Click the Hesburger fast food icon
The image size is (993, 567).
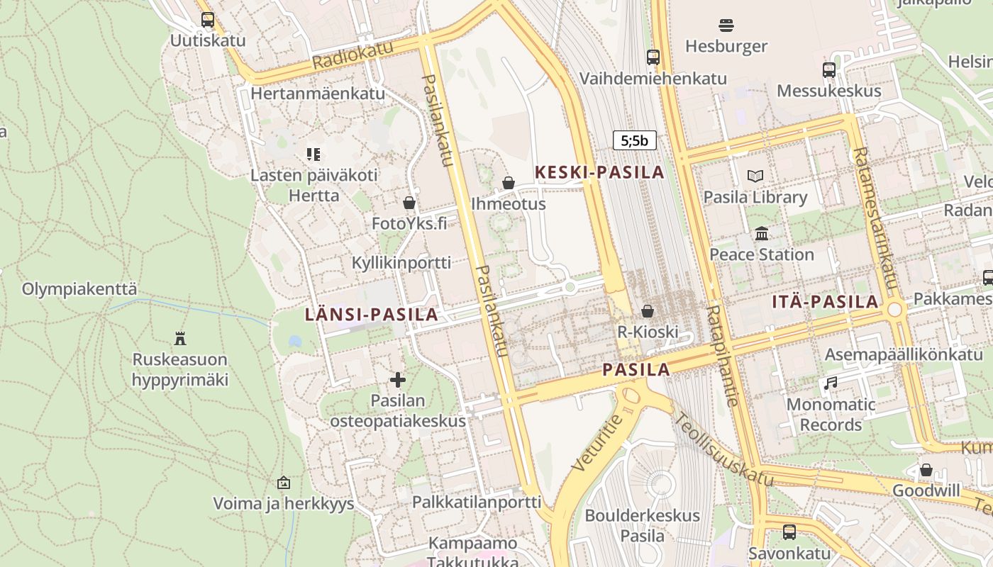726,26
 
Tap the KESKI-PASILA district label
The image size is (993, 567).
599,172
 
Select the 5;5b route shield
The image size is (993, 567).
634,140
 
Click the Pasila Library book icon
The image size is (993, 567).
755,176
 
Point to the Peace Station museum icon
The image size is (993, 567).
762,233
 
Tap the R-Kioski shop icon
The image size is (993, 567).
647,310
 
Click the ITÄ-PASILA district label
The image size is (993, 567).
825,302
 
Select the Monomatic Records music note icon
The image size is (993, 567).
830,383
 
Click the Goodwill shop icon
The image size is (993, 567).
926,470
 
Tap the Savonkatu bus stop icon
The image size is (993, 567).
789,532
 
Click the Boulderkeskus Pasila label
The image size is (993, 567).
642,525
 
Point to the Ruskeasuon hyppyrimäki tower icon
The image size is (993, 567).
179,338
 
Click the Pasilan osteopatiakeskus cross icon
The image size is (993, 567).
398,380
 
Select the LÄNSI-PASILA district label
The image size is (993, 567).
371,315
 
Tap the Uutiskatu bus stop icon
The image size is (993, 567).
207,20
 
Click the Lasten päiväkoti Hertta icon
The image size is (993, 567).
314,154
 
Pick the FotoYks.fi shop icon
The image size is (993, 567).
409,203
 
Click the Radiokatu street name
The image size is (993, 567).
352,57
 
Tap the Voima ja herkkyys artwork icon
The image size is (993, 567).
284,483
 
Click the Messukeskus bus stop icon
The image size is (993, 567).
828,70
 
